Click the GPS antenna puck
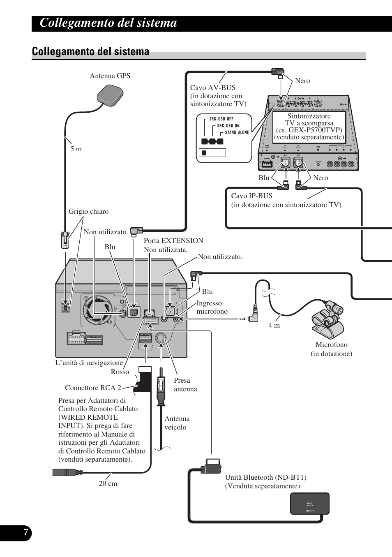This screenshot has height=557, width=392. (x=110, y=95)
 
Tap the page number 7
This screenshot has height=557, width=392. (x=25, y=533)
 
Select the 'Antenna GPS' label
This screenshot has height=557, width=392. (x=110, y=76)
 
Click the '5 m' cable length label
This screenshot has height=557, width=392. (x=76, y=149)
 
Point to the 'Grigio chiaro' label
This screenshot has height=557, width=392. (x=88, y=211)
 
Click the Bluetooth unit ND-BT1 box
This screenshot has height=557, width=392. (x=310, y=504)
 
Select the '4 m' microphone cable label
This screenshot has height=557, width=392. (x=274, y=325)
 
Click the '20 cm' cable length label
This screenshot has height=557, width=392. (x=108, y=483)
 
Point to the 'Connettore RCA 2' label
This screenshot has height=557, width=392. (x=93, y=388)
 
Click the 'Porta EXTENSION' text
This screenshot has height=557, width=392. (x=173, y=240)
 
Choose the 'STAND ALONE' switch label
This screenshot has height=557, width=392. (x=237, y=132)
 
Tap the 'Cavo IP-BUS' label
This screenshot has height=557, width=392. (x=252, y=196)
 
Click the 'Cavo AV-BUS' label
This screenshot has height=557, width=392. (x=213, y=88)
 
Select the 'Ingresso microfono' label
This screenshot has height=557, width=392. (x=212, y=307)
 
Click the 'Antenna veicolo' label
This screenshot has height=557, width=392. (x=177, y=423)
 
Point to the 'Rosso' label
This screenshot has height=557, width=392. (x=120, y=372)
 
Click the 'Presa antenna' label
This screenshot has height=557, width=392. (x=185, y=384)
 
